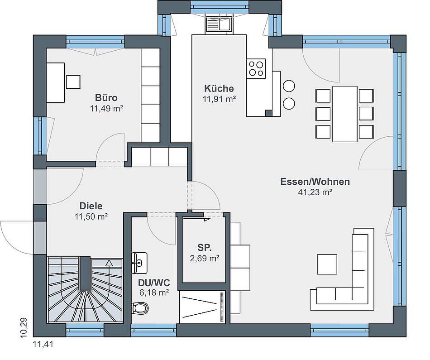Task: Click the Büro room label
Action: click(106, 98)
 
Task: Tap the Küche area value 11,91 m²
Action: click(219, 99)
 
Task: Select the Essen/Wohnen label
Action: click(315, 182)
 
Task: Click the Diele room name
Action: click(91, 206)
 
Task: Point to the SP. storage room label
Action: click(205, 248)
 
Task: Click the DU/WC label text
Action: click(154, 283)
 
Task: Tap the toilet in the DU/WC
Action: click(140, 308)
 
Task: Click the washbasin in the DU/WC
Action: click(139, 263)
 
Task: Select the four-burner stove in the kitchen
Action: click(256, 68)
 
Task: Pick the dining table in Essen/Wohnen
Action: click(345, 114)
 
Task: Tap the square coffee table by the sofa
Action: click(327, 264)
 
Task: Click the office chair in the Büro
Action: click(73, 82)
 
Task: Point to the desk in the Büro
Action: click(55, 82)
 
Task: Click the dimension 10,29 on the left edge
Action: click(24, 327)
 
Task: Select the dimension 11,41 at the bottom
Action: click(43, 344)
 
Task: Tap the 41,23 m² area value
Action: click(315, 192)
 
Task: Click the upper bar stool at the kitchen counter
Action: click(289, 86)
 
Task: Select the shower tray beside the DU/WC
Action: click(202, 307)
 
